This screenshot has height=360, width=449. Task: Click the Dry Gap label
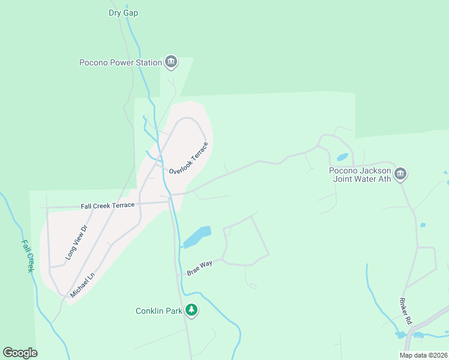[123, 13]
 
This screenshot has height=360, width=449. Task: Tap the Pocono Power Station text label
[121, 62]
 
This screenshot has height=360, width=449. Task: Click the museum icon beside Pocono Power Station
[171, 62]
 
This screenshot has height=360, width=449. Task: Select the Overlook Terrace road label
[188, 158]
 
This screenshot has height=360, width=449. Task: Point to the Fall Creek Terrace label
[107, 205]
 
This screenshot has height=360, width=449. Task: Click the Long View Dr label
[76, 245]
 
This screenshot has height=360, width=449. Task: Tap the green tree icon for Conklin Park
[191, 310]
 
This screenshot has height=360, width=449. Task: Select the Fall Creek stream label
[28, 256]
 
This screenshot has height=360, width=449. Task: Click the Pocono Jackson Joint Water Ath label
[360, 174]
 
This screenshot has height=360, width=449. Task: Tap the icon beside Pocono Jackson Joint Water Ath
[400, 175]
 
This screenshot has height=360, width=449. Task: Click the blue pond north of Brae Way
[198, 236]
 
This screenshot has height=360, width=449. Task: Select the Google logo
[20, 353]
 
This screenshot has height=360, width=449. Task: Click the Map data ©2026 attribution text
[423, 355]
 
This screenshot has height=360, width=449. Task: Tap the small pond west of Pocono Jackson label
[342, 157]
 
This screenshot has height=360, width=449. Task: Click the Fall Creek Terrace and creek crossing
[170, 202]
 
